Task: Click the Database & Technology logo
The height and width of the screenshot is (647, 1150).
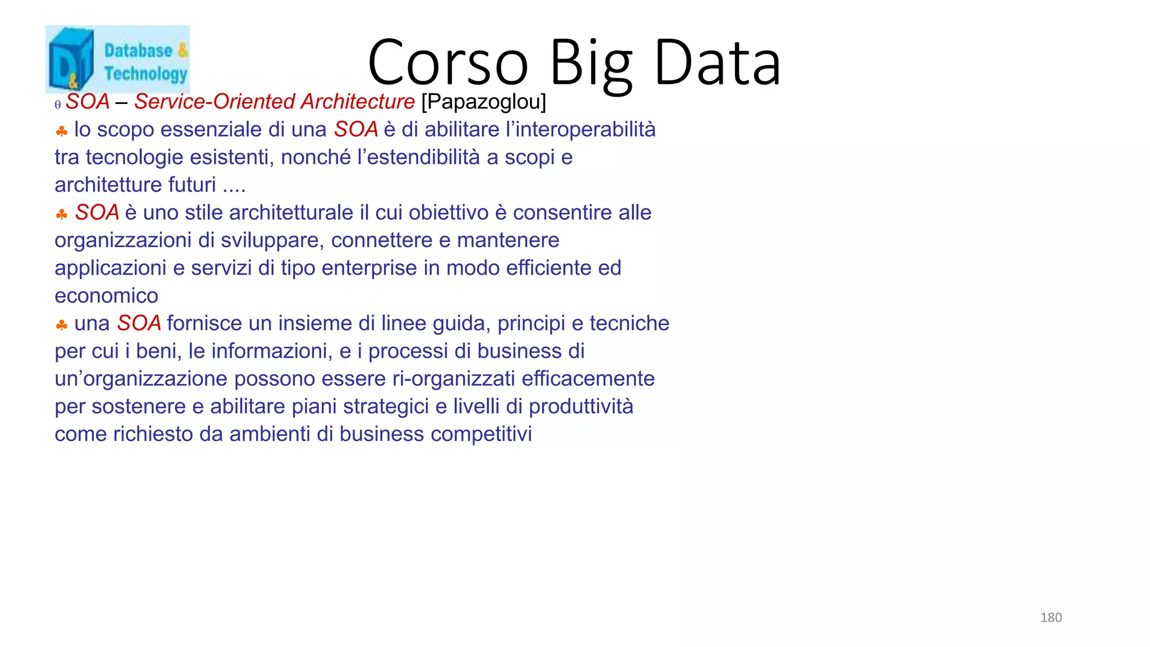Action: (117, 59)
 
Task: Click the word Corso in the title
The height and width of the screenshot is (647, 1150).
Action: (448, 63)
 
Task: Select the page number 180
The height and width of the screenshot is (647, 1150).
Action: (1051, 618)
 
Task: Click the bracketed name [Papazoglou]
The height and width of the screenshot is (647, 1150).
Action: (483, 102)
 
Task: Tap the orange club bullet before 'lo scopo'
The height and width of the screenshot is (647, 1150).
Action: (62, 131)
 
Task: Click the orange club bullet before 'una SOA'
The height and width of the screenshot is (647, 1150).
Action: (62, 325)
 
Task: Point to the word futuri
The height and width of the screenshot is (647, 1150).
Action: (192, 185)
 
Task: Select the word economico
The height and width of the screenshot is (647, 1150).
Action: (106, 296)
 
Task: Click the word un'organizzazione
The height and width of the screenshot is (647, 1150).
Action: (141, 379)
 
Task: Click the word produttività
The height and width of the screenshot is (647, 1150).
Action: (581, 407)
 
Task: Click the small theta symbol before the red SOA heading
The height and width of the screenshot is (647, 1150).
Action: (58, 105)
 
